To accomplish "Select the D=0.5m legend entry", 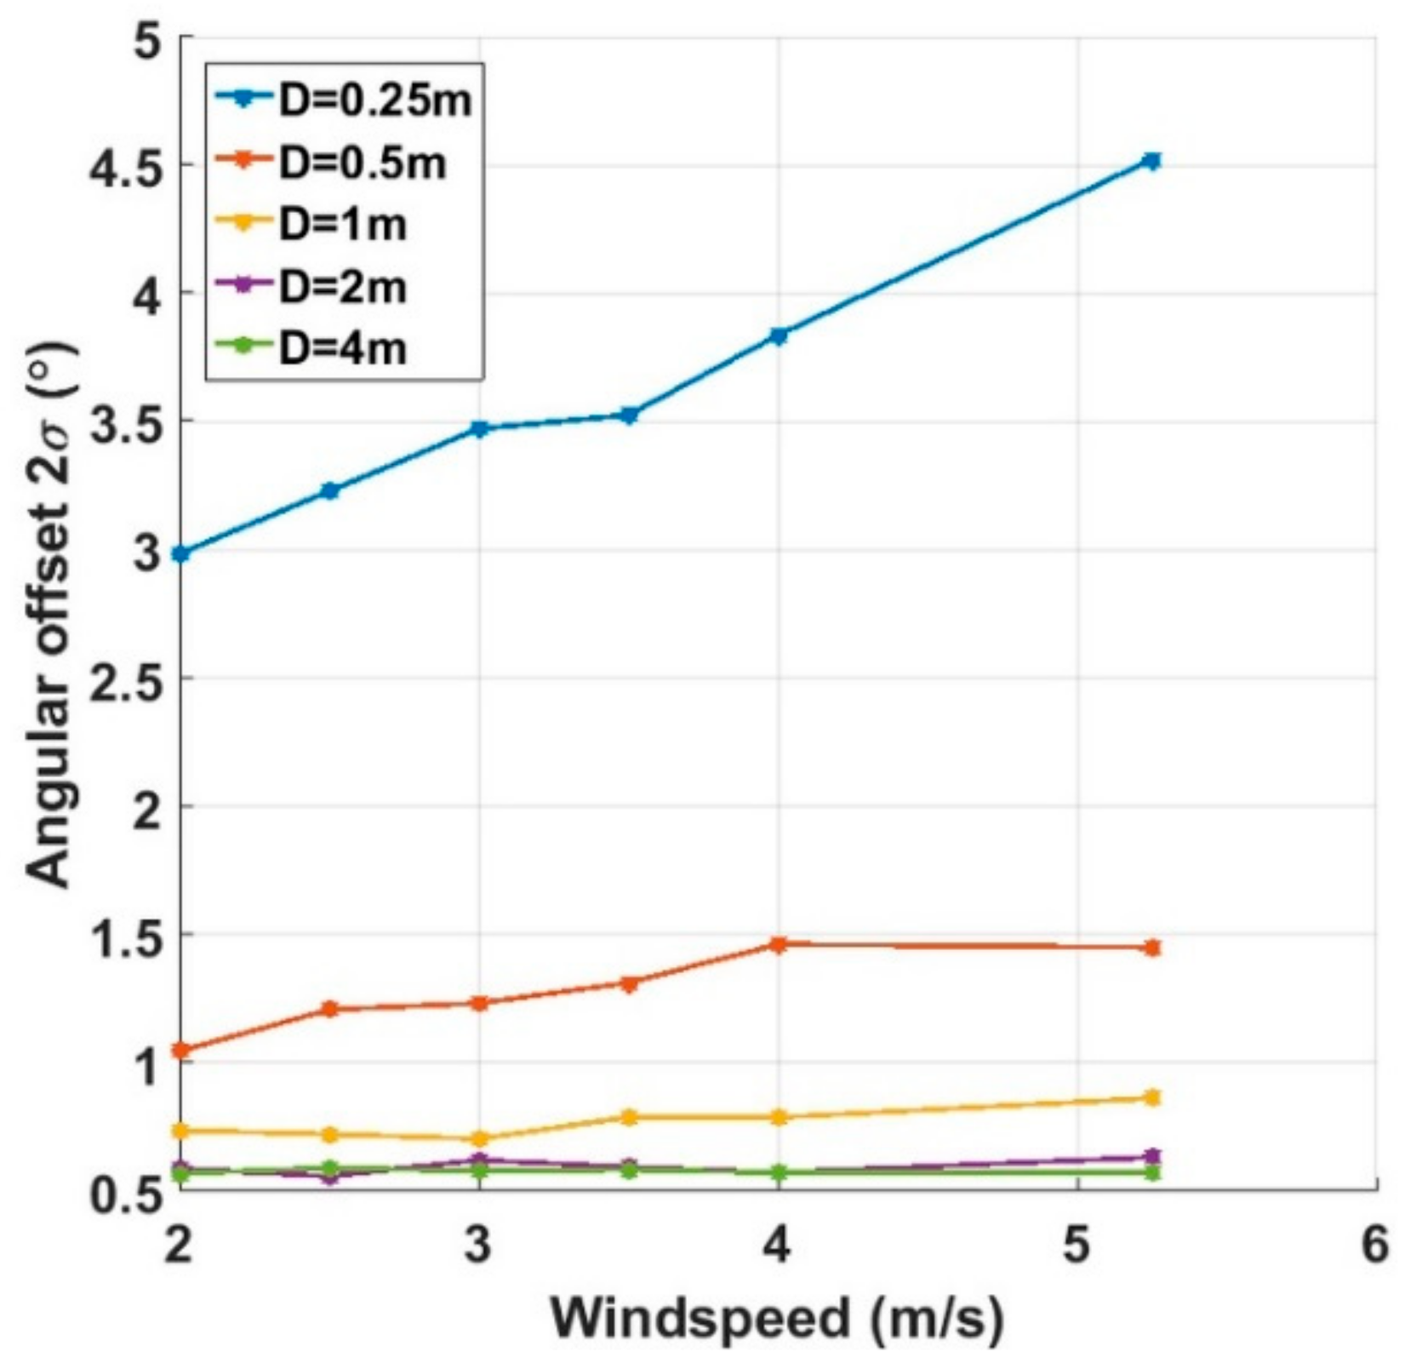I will [332, 163].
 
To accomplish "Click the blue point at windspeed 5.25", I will [1152, 161].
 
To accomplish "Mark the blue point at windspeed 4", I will [778, 335].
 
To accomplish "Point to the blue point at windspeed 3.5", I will [629, 415].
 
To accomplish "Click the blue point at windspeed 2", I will [180, 554].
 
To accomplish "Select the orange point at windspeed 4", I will [778, 944].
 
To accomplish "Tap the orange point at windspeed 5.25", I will [1152, 948].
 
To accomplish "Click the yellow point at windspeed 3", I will [479, 1138].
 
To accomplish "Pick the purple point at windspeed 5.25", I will [1152, 1156].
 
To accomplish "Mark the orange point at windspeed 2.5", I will [330, 1009].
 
